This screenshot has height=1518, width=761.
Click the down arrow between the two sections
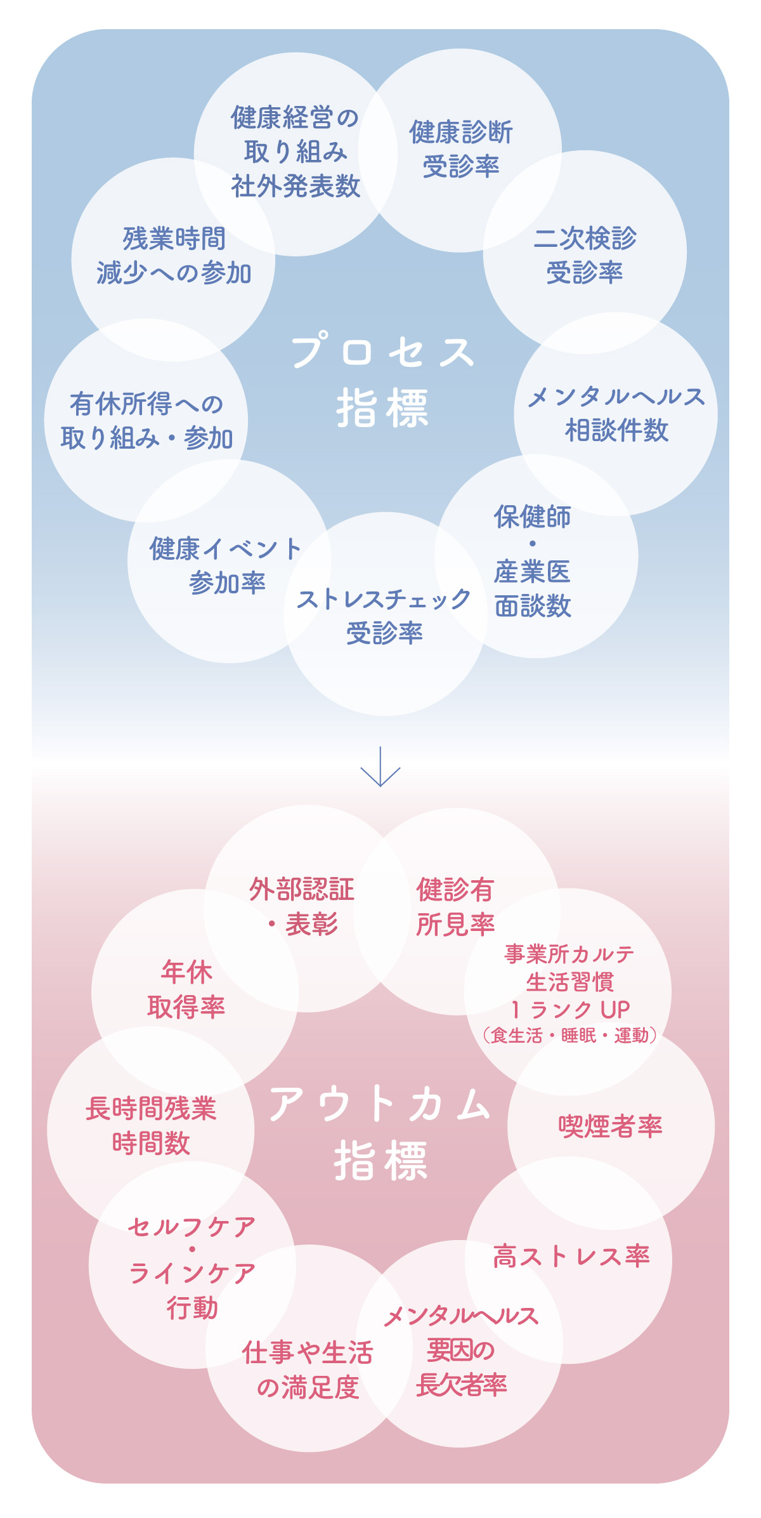click(380, 767)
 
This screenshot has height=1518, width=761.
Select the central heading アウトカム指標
click(380, 1133)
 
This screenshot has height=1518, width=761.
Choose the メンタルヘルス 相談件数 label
click(616, 414)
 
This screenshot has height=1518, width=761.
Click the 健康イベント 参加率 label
click(226, 565)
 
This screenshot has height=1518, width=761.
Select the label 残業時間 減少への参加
click(174, 256)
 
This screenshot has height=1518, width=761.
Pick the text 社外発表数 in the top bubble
click(296, 187)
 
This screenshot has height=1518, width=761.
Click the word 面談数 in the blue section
click(533, 607)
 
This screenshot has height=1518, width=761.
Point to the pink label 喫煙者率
click(610, 1126)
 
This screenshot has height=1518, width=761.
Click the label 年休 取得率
click(186, 989)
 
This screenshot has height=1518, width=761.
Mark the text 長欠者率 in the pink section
click(461, 1384)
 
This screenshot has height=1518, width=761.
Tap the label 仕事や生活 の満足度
click(308, 1370)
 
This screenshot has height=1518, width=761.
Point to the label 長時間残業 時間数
click(151, 1126)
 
